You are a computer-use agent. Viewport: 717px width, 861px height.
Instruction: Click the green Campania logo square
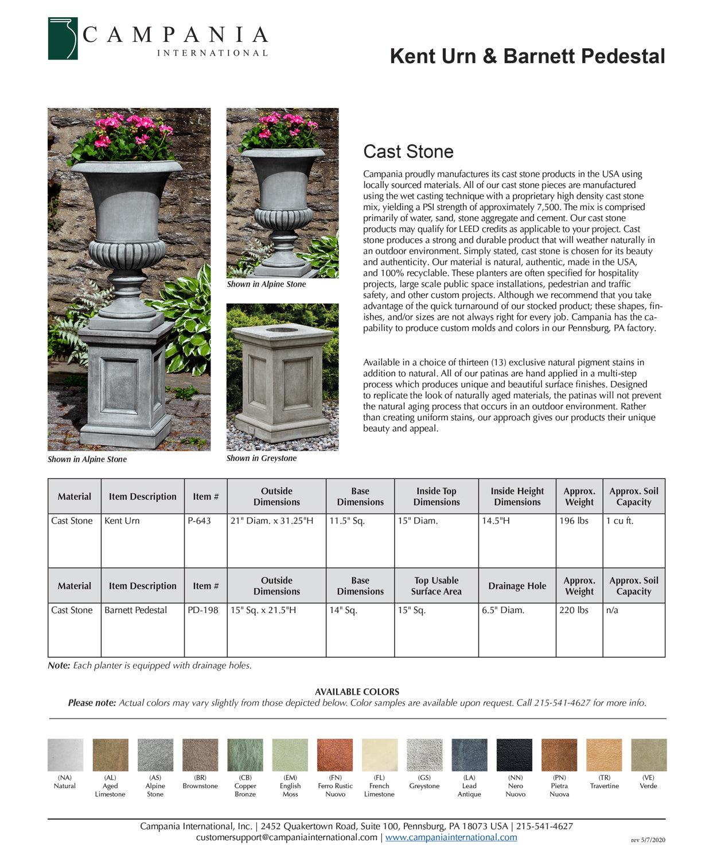63,38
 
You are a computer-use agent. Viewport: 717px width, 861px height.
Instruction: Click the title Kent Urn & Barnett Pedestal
527,56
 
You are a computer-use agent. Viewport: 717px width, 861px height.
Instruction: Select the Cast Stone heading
408,152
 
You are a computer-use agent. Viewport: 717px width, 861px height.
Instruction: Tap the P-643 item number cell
199,521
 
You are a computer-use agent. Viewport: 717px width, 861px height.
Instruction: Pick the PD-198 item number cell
203,611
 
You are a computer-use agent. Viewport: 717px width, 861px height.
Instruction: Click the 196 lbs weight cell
574,521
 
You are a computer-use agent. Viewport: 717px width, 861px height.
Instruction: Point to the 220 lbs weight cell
574,611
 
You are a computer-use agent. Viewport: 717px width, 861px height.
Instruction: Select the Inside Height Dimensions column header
517,497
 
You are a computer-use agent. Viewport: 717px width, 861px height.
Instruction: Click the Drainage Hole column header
517,586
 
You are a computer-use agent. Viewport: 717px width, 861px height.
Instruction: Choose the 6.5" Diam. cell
503,611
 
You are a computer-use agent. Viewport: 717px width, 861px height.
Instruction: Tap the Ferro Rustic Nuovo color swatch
335,755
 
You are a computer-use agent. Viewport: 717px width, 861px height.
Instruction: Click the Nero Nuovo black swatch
515,755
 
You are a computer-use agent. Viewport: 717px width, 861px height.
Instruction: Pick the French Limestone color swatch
380,755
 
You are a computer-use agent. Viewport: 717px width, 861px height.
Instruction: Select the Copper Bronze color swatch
245,755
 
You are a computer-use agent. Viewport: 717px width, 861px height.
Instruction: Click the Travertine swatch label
604,786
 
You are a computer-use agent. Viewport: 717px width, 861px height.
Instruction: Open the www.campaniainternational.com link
451,837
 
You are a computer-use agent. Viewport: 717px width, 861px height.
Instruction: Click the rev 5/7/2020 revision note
648,840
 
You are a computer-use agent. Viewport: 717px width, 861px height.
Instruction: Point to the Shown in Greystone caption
262,459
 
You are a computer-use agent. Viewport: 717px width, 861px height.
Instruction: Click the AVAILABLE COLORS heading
357,692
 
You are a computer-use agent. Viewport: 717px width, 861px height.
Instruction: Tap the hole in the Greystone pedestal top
281,330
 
